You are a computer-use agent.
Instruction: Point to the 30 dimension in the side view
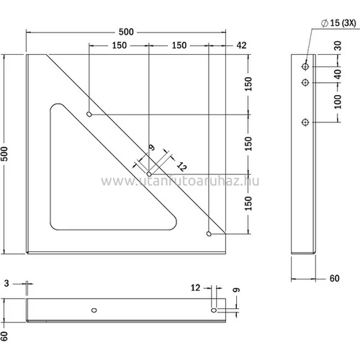[x=338, y=45]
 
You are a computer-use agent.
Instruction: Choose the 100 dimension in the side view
[x=338, y=102]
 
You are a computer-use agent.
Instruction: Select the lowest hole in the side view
[x=305, y=121]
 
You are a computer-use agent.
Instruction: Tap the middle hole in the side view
[x=305, y=83]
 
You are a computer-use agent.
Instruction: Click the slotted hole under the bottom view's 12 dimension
[x=214, y=310]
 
